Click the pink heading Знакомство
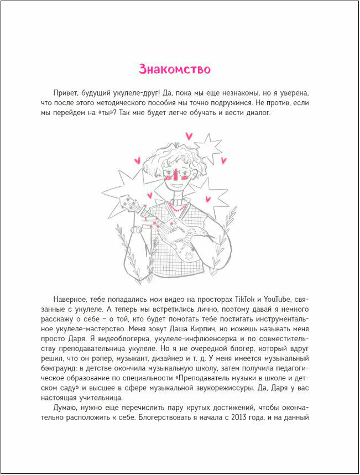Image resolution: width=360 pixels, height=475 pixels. (175, 70)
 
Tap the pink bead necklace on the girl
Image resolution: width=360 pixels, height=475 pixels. (176, 210)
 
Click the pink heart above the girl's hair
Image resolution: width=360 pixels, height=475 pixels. (189, 135)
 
